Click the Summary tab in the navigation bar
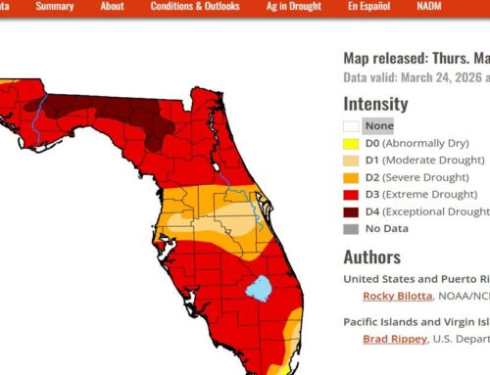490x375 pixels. tap(54, 6)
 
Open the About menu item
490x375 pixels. tap(112, 6)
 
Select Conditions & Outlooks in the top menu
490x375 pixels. tap(196, 6)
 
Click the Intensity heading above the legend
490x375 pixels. tap(375, 102)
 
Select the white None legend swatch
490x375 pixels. tap(350, 125)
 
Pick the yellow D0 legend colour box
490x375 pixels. tap(350, 143)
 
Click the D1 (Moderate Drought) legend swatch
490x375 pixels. tap(350, 160)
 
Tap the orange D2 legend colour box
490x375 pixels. tap(350, 177)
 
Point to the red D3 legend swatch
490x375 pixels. tap(350, 194)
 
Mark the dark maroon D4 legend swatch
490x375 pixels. tap(350, 211)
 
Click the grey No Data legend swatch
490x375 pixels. tap(350, 229)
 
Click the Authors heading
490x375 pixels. tap(371, 258)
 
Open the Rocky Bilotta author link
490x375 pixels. tap(395, 297)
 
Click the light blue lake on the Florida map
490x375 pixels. tap(258, 288)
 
